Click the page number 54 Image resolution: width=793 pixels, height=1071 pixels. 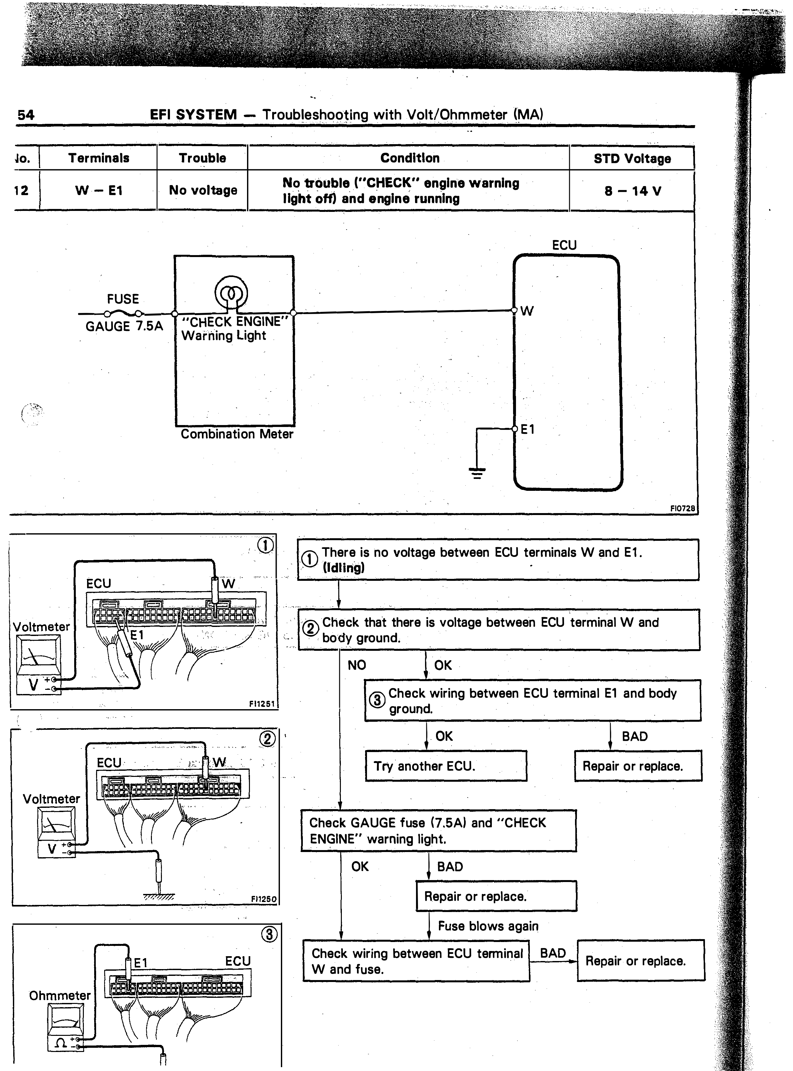click(26, 115)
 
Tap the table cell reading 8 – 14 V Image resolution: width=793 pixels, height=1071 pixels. click(632, 191)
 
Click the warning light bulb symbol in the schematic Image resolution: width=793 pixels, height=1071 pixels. click(231, 292)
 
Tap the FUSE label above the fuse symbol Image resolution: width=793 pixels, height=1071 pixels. click(123, 299)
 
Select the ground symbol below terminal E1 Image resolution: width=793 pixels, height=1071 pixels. click(477, 473)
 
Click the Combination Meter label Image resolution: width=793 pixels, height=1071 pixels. click(237, 434)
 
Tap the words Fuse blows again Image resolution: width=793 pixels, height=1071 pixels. click(488, 926)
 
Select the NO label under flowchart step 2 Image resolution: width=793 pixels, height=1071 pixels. click(357, 665)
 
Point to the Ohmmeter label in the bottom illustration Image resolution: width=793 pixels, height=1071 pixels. click(60, 996)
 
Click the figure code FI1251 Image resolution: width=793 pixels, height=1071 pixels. click(262, 704)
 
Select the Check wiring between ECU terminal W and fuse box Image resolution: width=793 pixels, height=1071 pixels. click(416, 961)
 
